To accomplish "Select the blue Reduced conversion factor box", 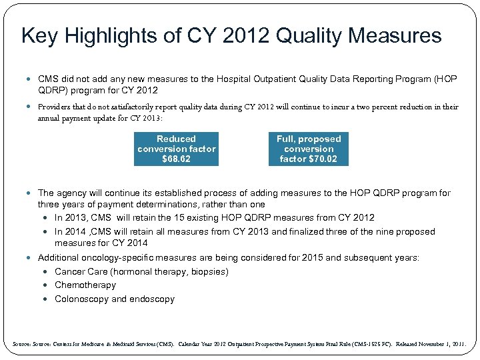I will (x=177, y=149).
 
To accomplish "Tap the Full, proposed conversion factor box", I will (x=309, y=149).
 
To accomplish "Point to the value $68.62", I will (x=177, y=159).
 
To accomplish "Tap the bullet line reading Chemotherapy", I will (x=85, y=285).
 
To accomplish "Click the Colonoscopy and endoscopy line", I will (x=115, y=299).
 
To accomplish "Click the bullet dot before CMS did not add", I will (x=31, y=79).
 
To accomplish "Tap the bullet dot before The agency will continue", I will (x=31, y=193).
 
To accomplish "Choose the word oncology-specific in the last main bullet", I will (x=121, y=257).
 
